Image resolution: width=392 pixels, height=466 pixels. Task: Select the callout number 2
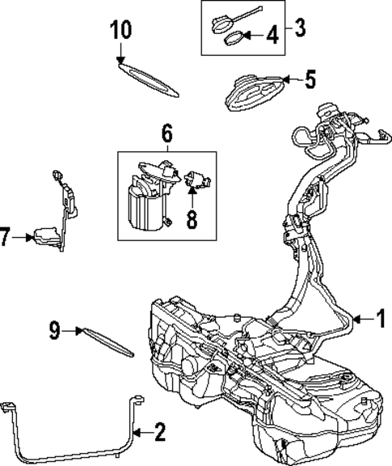coord(159,432)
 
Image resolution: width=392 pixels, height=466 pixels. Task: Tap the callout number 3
coord(300,29)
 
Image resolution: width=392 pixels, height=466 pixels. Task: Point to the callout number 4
coord(272,36)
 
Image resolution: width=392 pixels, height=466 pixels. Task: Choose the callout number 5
coord(310,80)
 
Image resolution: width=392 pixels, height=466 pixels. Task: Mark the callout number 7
coord(6,238)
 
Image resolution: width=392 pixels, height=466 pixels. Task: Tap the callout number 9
coord(53,328)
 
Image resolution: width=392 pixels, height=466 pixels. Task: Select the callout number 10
coord(120,31)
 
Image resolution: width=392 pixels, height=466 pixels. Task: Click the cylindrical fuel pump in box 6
coord(145,206)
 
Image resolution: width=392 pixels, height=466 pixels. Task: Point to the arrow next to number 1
coord(360,319)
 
